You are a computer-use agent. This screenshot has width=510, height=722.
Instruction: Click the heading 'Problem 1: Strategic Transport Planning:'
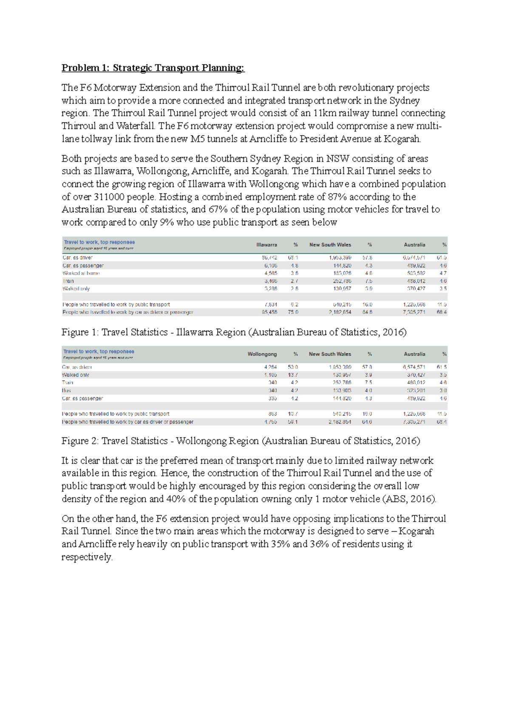coord(153,68)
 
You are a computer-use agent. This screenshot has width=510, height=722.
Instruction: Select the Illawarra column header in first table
coord(266,245)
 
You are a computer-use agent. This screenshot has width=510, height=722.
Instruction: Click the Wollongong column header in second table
coord(262,354)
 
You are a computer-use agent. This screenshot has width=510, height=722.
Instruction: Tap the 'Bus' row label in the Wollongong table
coord(66,390)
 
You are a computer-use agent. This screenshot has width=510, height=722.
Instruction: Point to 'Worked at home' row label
coord(81,273)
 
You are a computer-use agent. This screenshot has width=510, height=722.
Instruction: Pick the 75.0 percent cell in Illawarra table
coord(293,312)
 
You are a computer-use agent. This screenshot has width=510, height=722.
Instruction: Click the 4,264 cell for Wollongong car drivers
coord(270,367)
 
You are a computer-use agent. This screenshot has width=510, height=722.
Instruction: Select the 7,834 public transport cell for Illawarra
coord(270,304)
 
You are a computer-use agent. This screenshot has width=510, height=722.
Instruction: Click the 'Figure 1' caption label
coord(75,332)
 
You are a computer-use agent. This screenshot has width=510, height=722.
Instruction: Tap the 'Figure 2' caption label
coord(75,441)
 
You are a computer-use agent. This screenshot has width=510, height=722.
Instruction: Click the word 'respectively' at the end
coord(87,557)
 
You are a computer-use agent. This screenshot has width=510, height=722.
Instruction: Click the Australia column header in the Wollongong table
coord(414,354)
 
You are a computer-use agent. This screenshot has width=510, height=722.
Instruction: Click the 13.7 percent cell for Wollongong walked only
coord(293,375)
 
